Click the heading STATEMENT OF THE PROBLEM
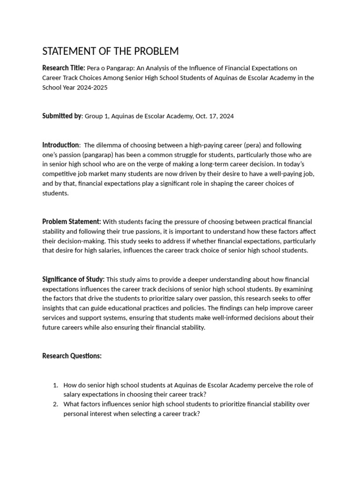[x=110, y=51]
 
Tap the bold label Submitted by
[x=62, y=116]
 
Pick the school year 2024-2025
[x=90, y=88]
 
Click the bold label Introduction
[x=60, y=145]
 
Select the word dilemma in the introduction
[x=112, y=145]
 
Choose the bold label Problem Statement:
[x=71, y=221]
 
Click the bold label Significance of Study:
[x=73, y=279]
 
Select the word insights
[x=54, y=308]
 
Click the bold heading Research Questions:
[x=72, y=356]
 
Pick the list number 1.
[x=55, y=385]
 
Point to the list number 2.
[x=55, y=404]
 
